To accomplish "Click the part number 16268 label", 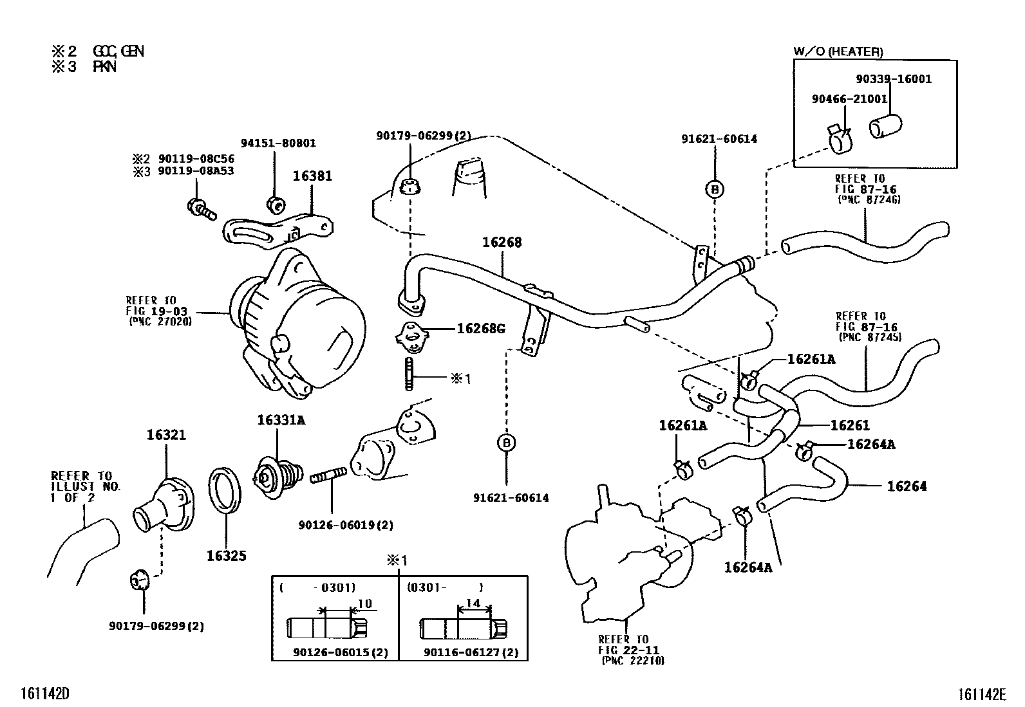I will [502, 243].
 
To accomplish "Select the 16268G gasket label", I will [480, 329].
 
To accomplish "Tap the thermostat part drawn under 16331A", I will [277, 477].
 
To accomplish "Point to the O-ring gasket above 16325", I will [225, 491].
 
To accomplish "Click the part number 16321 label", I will [165, 435].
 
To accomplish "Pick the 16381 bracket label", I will [312, 176].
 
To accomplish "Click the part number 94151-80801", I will [278, 143].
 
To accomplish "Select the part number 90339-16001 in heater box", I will [894, 79].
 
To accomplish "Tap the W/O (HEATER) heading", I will [838, 52].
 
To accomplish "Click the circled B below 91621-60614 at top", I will [715, 189].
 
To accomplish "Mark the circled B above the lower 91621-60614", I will [507, 443].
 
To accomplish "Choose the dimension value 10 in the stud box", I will [365, 603].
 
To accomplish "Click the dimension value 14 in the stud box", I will [473, 603].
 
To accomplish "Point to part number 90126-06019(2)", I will [345, 525].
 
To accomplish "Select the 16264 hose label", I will [907, 486].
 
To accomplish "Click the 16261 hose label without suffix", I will [849, 425].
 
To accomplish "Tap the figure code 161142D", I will [44, 693].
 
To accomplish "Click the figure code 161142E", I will [981, 694].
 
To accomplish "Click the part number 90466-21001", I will [849, 99].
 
